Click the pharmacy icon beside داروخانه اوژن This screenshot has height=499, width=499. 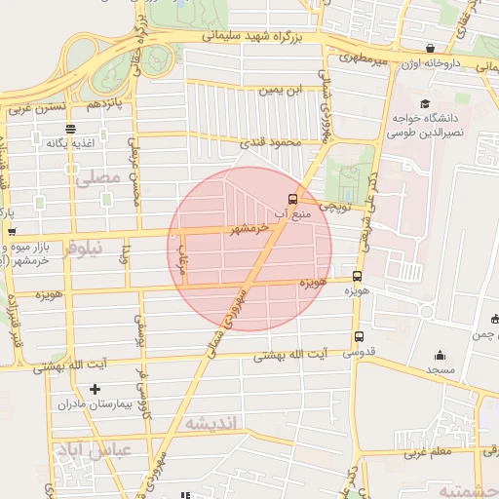pyautogui.click(x=429, y=48)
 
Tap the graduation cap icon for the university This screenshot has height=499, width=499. pyautogui.click(x=424, y=104)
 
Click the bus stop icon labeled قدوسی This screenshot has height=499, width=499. pyautogui.click(x=358, y=337)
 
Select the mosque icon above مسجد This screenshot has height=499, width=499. pyautogui.click(x=441, y=356)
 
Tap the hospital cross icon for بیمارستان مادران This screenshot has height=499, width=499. pyautogui.click(x=95, y=390)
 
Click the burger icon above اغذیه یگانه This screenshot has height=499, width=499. pyautogui.click(x=69, y=129)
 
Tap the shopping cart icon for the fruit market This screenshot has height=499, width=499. pyautogui.click(x=12, y=232)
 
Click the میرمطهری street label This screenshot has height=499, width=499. pyautogui.click(x=364, y=60)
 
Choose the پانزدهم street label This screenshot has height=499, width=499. pyautogui.click(x=106, y=103)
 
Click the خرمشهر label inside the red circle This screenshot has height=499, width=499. pyautogui.click(x=243, y=229)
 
